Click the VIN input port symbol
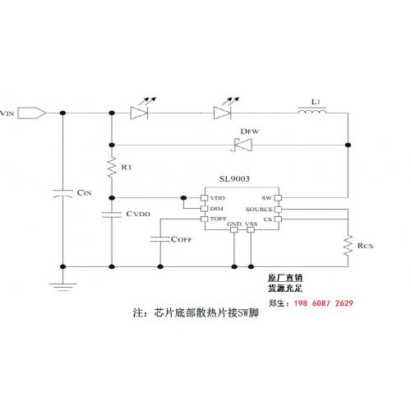pos(31,113)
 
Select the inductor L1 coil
pos(312,111)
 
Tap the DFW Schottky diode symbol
pos(241,145)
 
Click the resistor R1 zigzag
pos(112,167)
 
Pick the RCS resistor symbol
pos(348,245)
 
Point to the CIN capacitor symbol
pos(62,193)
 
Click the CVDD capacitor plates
pos(112,215)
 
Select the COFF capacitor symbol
pos(160,239)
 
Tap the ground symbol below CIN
pos(62,287)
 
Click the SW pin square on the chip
pos(278,198)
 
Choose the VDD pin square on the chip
pos(205,198)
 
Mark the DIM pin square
pos(205,209)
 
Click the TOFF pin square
pos(205,219)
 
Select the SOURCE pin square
pos(278,210)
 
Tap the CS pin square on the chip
pos(278,219)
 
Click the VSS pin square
pos(251,229)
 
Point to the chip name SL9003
pos(234,179)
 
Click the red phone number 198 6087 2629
pos(324,303)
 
